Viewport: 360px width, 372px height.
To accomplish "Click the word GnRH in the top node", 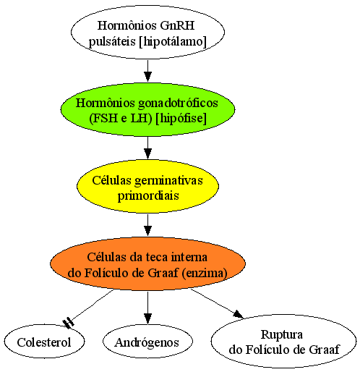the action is pyautogui.click(x=177, y=25).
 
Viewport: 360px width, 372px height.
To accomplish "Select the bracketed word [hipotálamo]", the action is pyautogui.click(x=173, y=41).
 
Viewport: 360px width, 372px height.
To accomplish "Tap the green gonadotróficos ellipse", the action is pyautogui.click(x=147, y=109).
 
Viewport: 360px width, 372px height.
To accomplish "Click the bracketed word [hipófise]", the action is pyautogui.click(x=181, y=118).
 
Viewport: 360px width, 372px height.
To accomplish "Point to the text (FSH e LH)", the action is pyautogui.click(x=121, y=118).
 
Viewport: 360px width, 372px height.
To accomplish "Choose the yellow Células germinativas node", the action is pyautogui.click(x=147, y=186).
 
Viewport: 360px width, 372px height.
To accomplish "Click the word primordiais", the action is pyautogui.click(x=148, y=195).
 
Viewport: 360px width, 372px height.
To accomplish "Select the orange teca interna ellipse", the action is pyautogui.click(x=147, y=263).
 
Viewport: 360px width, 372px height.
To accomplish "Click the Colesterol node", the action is pyautogui.click(x=44, y=341).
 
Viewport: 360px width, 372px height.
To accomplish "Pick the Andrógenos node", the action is pyautogui.click(x=147, y=341).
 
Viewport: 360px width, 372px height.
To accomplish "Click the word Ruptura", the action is pyautogui.click(x=282, y=334).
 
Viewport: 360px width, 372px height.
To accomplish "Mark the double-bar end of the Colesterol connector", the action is pyautogui.click(x=69, y=324).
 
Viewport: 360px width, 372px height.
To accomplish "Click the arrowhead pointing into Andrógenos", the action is pyautogui.click(x=147, y=319).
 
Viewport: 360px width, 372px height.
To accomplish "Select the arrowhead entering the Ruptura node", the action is pyautogui.click(x=238, y=314).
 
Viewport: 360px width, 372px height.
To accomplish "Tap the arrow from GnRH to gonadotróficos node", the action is pyautogui.click(x=147, y=71).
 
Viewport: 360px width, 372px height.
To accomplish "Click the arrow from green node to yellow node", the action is pyautogui.click(x=147, y=148).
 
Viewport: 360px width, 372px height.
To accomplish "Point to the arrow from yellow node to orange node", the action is pyautogui.click(x=147, y=225).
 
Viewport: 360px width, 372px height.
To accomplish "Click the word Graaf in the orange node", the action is pyautogui.click(x=163, y=273).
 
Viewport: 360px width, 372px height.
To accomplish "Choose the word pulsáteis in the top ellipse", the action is pyautogui.click(x=112, y=42).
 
